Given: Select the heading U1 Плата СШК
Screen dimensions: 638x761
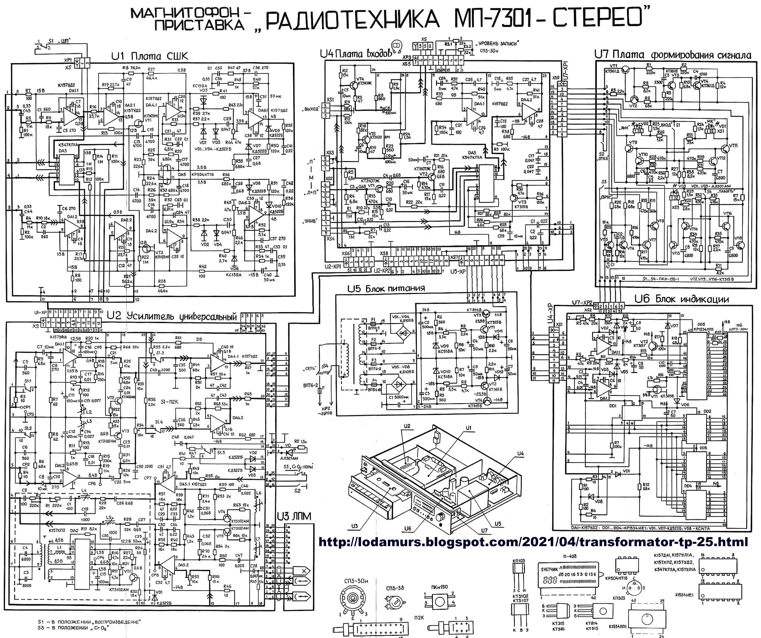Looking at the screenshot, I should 150,56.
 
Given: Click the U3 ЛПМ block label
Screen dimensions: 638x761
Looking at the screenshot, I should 294,516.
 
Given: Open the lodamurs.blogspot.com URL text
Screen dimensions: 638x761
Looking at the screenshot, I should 533,542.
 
